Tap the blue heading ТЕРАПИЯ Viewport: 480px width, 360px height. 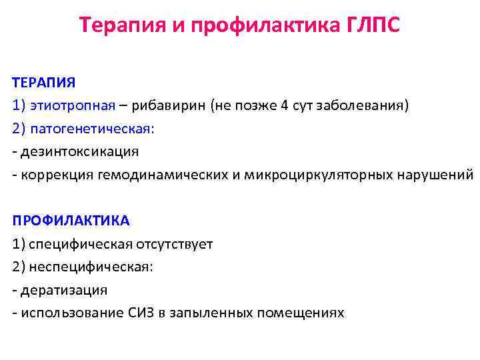coord(44,82)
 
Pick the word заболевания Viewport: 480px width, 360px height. coord(365,105)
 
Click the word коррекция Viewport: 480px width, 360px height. coord(56,175)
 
